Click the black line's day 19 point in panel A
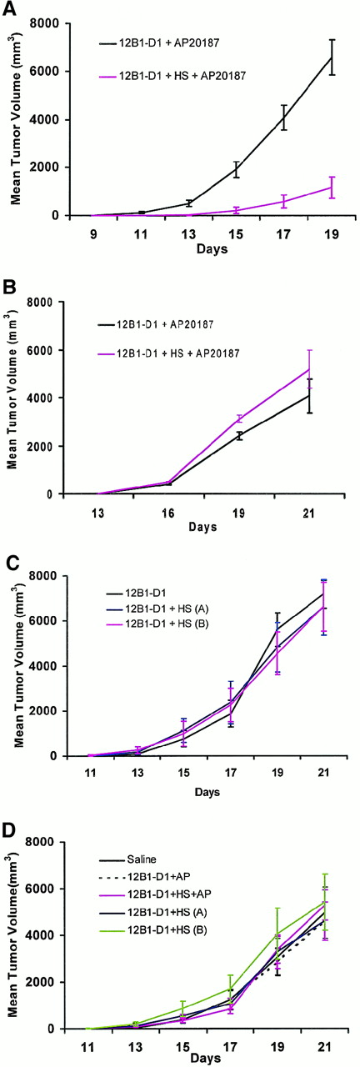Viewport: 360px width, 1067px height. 332,58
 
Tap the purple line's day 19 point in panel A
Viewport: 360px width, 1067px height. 332,188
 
